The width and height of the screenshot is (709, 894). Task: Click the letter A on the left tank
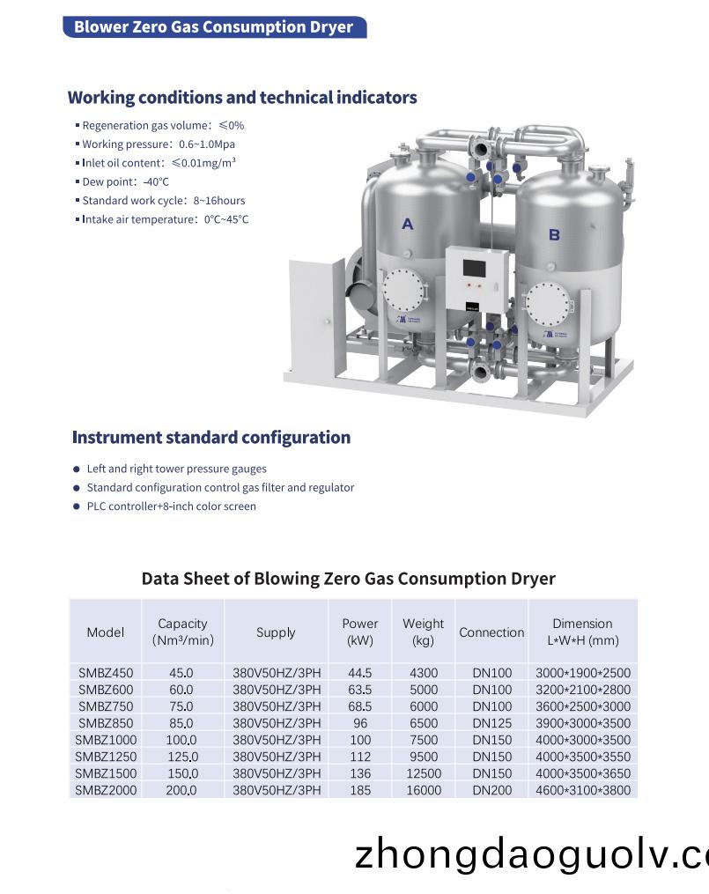click(x=407, y=225)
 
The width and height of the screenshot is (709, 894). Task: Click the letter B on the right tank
click(x=554, y=234)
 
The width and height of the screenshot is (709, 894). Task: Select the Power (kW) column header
click(x=359, y=632)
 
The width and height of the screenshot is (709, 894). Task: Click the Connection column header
click(x=491, y=632)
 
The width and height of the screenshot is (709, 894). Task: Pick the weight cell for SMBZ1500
click(x=423, y=773)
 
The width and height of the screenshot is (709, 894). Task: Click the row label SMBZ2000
click(x=106, y=790)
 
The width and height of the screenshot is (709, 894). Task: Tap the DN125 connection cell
click(x=491, y=723)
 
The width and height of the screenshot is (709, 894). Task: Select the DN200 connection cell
click(x=491, y=790)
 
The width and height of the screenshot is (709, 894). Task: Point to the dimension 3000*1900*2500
click(x=583, y=673)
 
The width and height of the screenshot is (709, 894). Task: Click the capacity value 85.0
click(x=181, y=723)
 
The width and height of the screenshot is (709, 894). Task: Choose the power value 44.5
click(x=359, y=673)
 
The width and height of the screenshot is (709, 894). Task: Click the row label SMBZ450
click(x=106, y=673)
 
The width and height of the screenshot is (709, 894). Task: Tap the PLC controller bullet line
click(x=171, y=506)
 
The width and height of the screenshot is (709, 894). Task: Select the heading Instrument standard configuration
click(x=211, y=438)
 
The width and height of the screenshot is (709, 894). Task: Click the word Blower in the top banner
click(x=100, y=27)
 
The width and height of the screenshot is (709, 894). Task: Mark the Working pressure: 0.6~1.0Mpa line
click(x=159, y=144)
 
